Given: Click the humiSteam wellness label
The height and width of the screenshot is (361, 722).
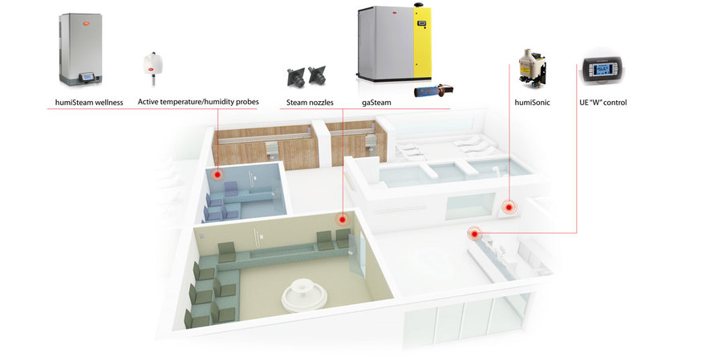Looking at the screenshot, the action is pos(89,103).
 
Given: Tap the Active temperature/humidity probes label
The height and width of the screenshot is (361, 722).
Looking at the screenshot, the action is pos(198,102).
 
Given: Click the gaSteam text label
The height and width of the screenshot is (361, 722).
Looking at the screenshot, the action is pos(376,103).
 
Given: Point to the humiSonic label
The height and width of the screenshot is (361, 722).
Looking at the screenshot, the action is pos(533,103).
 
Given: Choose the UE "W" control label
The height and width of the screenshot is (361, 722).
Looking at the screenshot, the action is pos(602,103).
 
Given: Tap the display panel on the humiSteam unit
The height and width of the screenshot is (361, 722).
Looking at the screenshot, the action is pos(87,77).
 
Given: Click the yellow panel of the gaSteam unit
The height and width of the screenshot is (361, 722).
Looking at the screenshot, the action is pos(422,43).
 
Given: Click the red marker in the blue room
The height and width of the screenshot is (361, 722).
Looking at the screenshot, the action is pos(217,175).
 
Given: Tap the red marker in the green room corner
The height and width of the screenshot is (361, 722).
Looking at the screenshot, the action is pos(342,220).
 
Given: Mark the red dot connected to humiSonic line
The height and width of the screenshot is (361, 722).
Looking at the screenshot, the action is pos(509,208).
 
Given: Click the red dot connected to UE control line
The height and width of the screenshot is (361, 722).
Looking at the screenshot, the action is pos(474,233).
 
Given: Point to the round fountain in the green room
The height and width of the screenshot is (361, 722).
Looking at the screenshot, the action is pos(304,295).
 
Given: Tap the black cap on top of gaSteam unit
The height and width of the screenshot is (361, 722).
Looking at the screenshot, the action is pos(419,4).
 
